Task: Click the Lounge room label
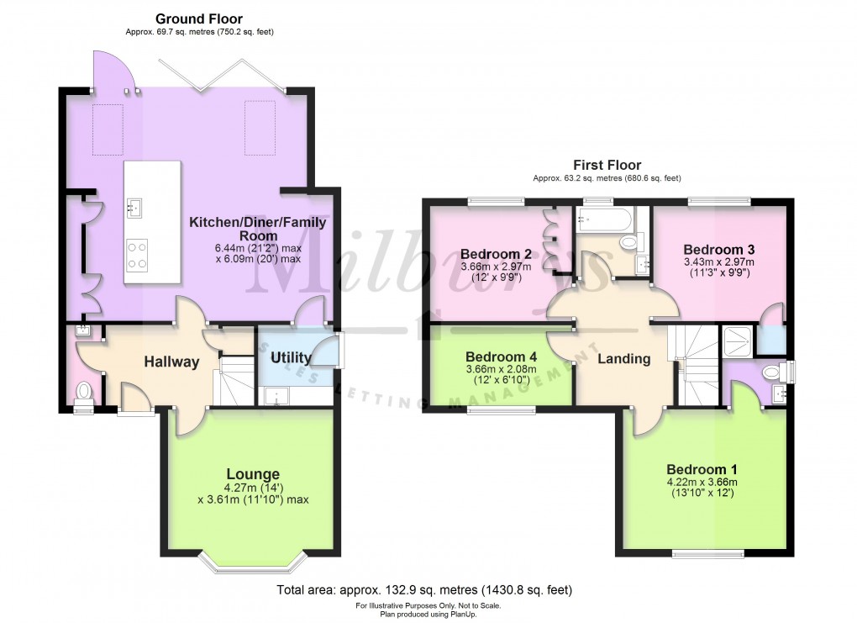(253, 474)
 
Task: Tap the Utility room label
(291, 358)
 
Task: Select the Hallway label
(171, 362)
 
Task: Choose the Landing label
(623, 359)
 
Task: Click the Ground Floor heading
(199, 18)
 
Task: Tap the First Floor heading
(607, 165)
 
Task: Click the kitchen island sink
(134, 204)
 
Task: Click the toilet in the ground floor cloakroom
(82, 392)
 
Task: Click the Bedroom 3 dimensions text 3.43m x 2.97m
(718, 261)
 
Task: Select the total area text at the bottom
(424, 590)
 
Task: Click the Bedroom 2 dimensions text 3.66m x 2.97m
(496, 267)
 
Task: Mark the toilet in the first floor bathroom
(628, 242)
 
